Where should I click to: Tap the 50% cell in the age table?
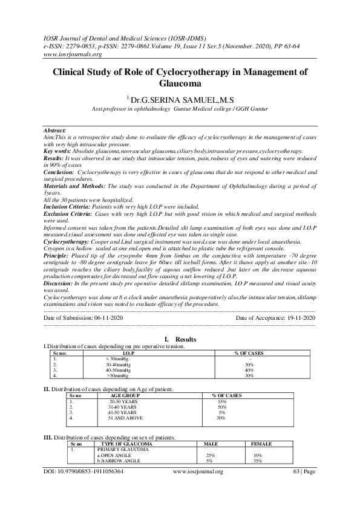coord(221,406)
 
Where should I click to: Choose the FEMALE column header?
coord(261,444)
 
